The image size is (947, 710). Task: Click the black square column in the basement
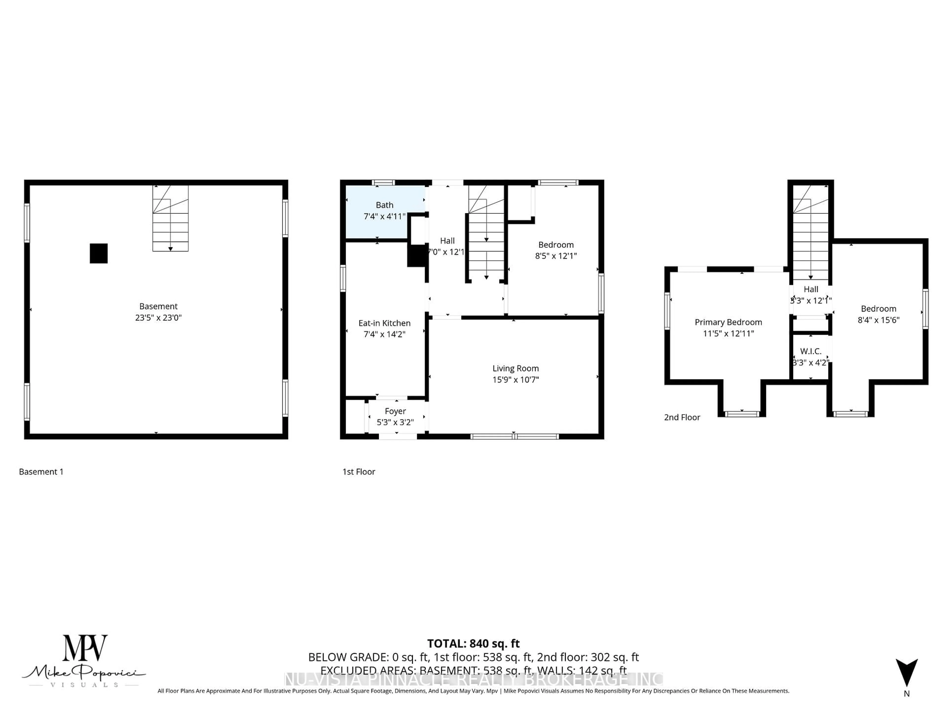98,253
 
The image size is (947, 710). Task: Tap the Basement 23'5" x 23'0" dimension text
158,318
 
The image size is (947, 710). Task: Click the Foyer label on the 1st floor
395,411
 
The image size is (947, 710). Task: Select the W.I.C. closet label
810,351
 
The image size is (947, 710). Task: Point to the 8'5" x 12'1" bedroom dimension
556,256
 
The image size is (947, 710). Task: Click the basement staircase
170,218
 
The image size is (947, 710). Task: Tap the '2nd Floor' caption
682,417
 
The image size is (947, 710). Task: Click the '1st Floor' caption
359,472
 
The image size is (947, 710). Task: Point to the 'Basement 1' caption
41,472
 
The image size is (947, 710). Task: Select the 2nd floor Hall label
810,289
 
